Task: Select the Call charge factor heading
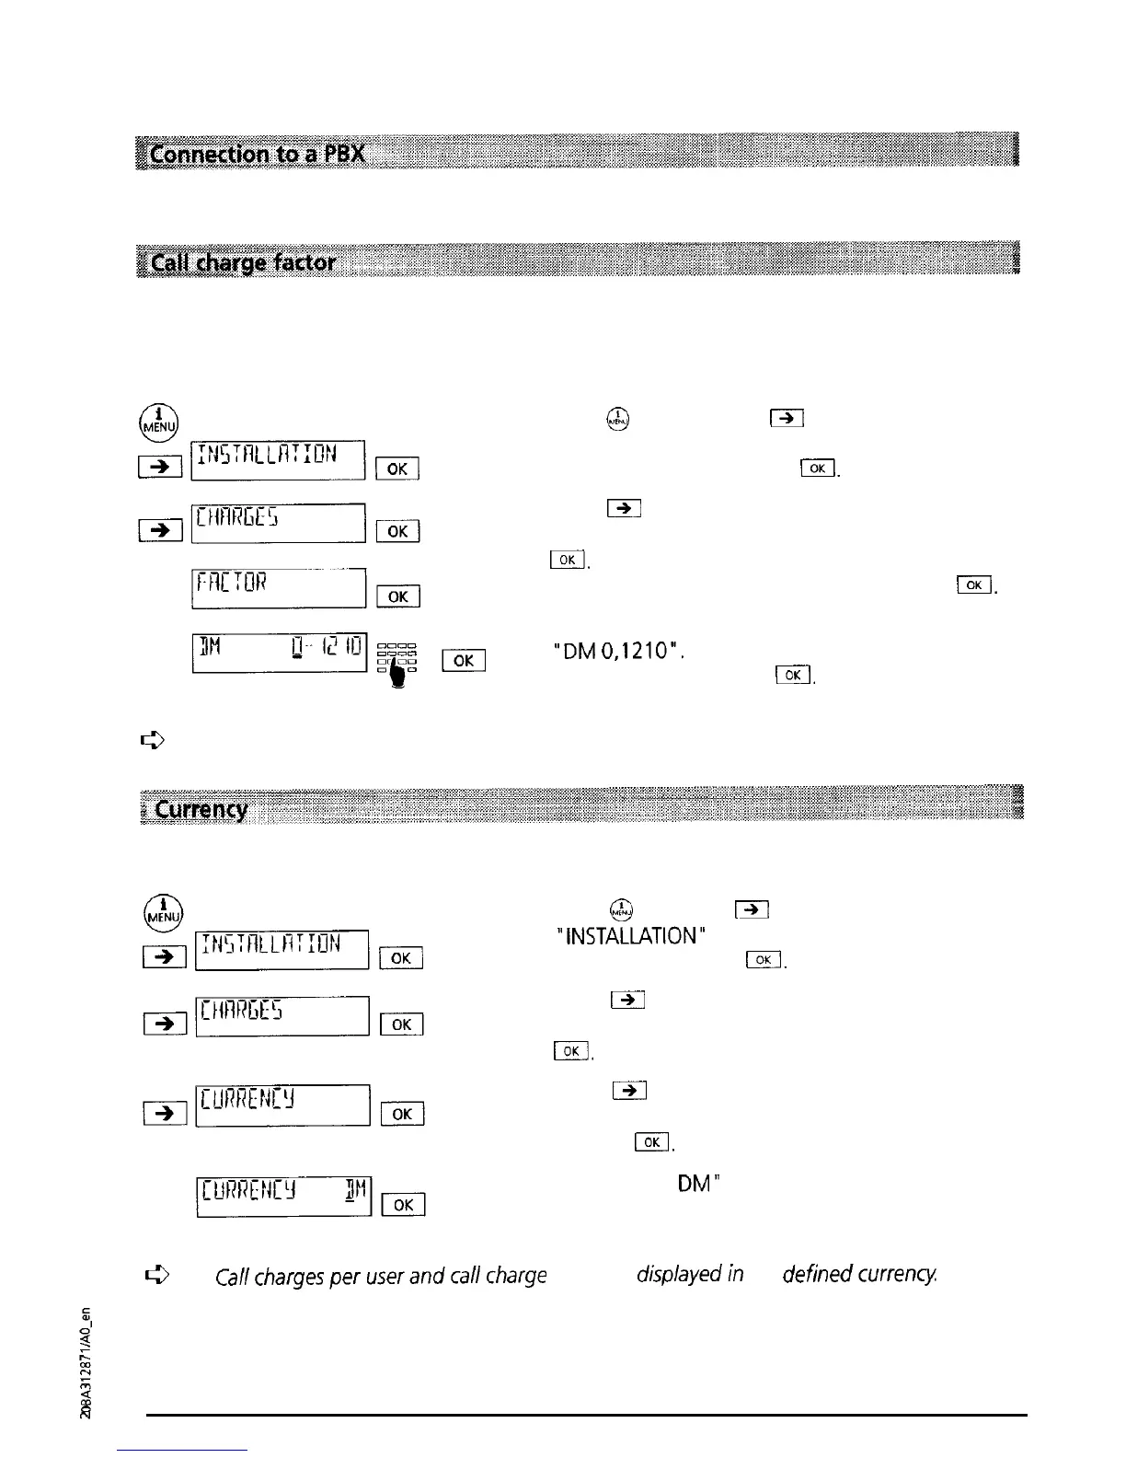tap(244, 263)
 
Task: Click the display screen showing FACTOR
tap(279, 588)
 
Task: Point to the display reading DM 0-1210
tap(279, 653)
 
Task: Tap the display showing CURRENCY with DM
tap(283, 1196)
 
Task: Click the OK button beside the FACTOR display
tap(397, 596)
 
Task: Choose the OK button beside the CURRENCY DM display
tap(403, 1205)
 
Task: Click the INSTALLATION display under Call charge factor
tap(278, 461)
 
